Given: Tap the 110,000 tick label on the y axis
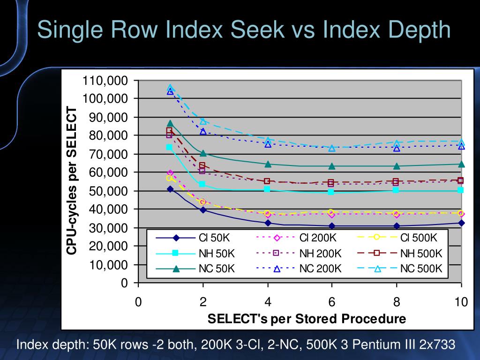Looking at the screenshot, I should (x=105, y=81).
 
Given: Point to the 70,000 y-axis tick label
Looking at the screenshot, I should (x=108, y=154).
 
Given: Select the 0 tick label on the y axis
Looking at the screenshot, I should (x=124, y=283).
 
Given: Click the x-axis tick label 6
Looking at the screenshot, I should (x=332, y=302).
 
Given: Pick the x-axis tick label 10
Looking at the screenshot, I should (x=461, y=302).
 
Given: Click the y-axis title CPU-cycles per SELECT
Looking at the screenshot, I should (x=71, y=181).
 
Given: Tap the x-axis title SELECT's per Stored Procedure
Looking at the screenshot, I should (x=307, y=319).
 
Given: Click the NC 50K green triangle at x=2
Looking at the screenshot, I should (x=203, y=153).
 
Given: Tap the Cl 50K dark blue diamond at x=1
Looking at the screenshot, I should (x=170, y=189).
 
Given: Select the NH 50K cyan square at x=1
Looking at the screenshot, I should (x=170, y=147).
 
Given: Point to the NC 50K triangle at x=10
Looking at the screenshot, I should (x=461, y=164).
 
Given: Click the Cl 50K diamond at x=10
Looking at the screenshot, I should (x=461, y=223).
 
